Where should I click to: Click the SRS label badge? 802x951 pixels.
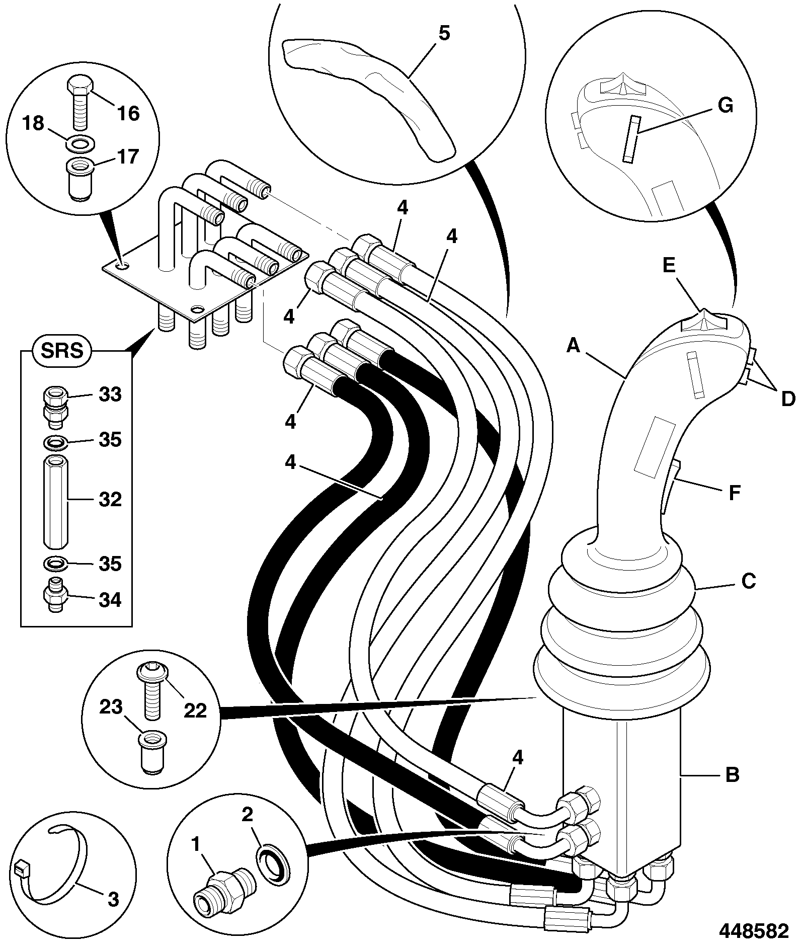[x=62, y=350]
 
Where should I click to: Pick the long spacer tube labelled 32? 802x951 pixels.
[x=55, y=501]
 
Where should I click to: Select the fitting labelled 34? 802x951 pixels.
[x=55, y=595]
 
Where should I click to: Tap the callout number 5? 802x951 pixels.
[x=444, y=34]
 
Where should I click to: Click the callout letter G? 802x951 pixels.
[x=725, y=106]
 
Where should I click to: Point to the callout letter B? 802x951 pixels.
[x=733, y=774]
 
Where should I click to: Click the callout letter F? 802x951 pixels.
[x=735, y=494]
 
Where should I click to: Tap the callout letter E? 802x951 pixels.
[x=669, y=265]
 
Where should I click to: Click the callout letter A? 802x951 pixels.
[x=574, y=346]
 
